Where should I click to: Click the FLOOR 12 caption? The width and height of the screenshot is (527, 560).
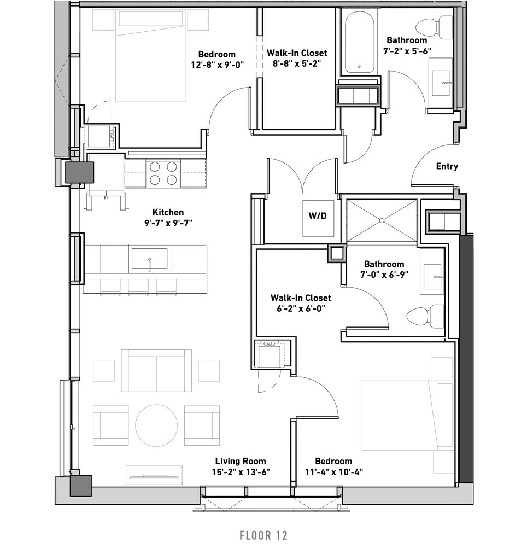coord(263,535)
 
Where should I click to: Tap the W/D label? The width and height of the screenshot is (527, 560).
coord(318,215)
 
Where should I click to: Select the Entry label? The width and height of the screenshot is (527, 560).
coord(447,166)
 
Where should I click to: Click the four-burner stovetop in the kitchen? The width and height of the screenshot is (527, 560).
coord(163,173)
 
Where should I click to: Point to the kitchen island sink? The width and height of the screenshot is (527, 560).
coord(150,258)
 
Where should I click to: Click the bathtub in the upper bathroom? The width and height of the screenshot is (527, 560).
coord(359,41)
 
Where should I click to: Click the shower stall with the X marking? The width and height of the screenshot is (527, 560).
coord(382,220)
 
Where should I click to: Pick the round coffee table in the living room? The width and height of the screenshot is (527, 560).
coord(156,425)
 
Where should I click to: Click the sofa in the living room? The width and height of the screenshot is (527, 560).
coord(156,371)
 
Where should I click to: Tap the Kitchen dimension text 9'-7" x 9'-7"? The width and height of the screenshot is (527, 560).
coord(168,223)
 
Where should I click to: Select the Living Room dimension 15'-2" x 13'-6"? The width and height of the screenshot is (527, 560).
coord(241,472)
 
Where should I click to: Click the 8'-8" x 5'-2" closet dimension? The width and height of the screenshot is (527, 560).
coord(297,63)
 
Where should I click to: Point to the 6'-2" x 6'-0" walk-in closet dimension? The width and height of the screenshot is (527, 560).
coord(301,308)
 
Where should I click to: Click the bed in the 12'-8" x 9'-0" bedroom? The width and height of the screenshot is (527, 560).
coord(151,56)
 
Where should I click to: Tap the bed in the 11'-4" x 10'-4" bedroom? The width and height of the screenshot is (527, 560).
coord(408,416)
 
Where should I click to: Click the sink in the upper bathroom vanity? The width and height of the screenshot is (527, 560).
coord(442,83)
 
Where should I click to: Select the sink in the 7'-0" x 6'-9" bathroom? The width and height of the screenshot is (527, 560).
coord(434,276)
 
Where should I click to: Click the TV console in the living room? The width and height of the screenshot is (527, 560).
coord(154,475)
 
